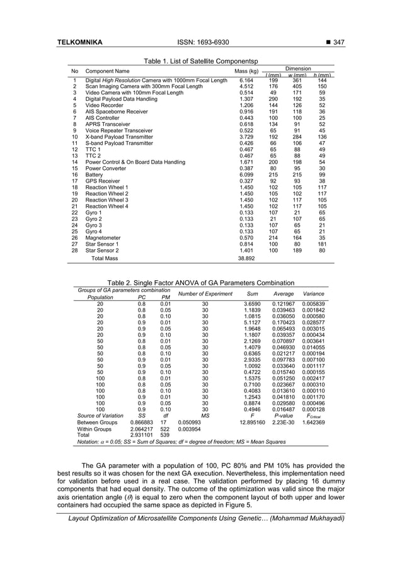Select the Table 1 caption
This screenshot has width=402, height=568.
[x=200, y=61]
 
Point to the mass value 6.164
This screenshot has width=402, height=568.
[x=246, y=81]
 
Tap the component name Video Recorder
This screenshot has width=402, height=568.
[x=103, y=105]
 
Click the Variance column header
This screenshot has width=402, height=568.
[x=314, y=294]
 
